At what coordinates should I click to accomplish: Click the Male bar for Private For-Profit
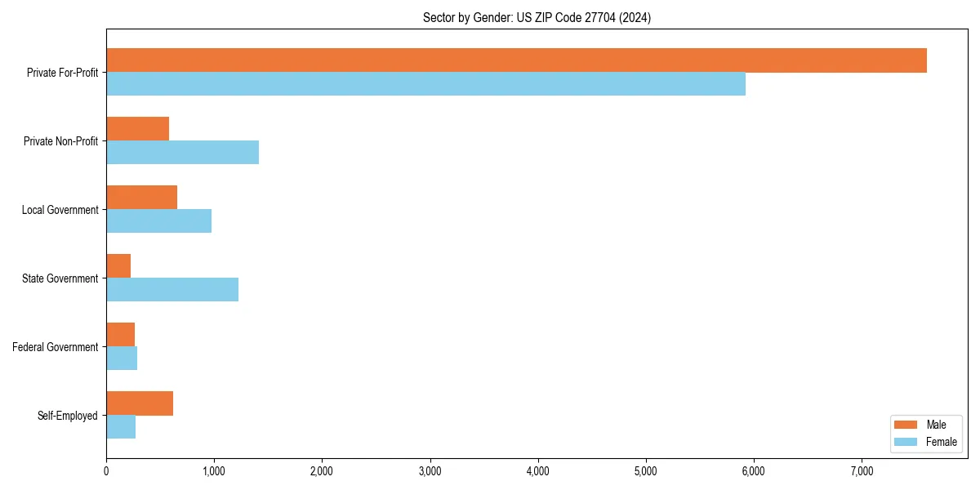516,60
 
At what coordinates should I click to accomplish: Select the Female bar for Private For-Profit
425,84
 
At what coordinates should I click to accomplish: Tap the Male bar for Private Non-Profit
137,129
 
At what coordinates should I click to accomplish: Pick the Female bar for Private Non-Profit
182,153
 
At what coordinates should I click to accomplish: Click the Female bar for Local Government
158,221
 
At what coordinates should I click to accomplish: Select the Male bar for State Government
118,266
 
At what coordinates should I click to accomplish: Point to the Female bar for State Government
172,290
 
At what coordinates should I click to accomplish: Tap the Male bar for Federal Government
120,335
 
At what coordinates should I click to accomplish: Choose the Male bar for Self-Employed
140,403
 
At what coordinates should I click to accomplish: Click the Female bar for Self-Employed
121,427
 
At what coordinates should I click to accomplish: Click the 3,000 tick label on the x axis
430,471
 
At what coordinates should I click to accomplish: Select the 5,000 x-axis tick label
645,471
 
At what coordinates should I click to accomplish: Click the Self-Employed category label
67,416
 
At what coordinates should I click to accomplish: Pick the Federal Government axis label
55,347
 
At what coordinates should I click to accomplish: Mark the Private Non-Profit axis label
60,141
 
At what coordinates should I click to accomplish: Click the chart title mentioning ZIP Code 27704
537,17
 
